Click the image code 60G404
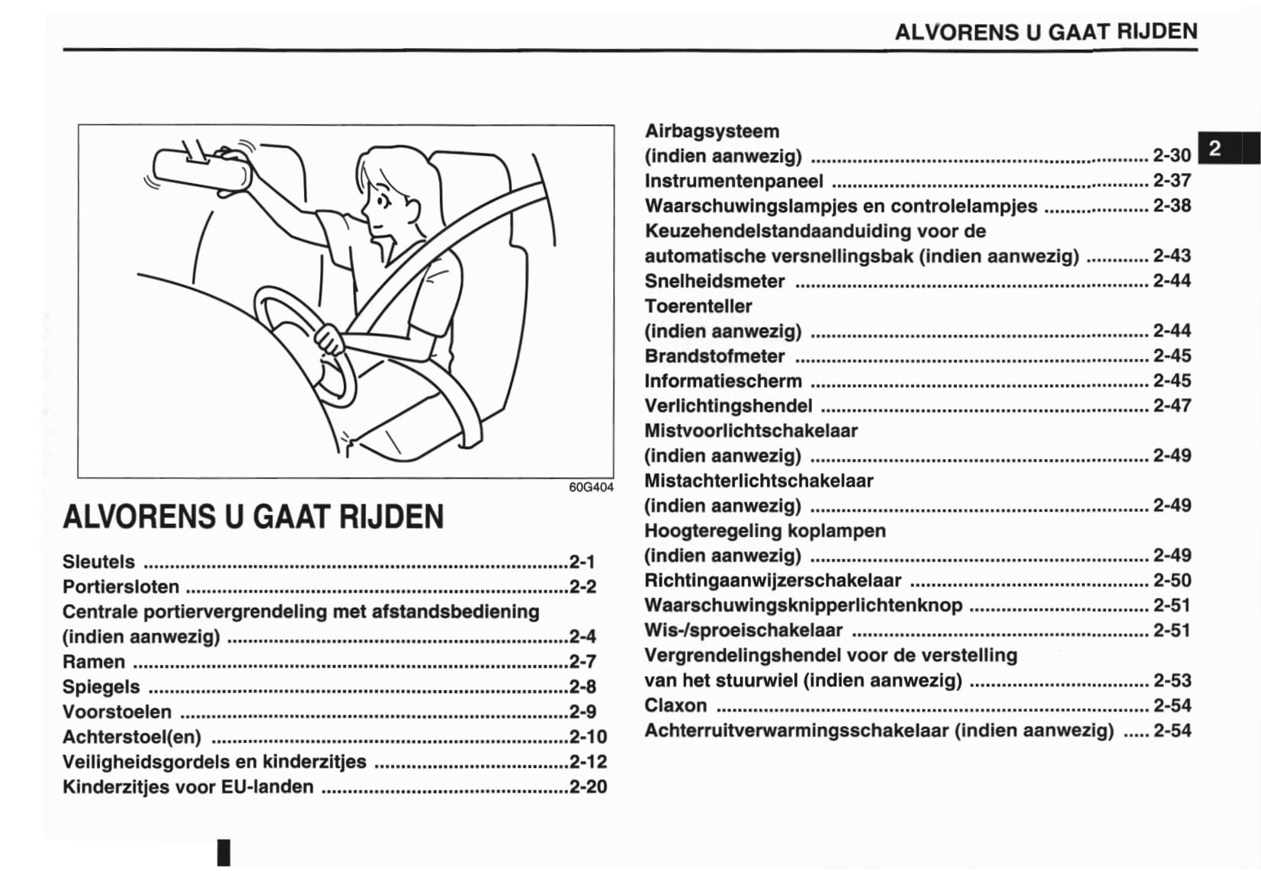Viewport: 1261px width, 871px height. [x=591, y=487]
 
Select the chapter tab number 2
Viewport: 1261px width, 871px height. [x=1215, y=148]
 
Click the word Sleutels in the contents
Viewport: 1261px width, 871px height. [x=98, y=562]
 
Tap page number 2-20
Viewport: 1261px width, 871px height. [x=588, y=786]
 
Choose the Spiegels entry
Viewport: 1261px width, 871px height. [x=101, y=686]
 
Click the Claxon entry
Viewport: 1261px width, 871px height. [x=675, y=705]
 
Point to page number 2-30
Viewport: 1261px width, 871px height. [x=1171, y=156]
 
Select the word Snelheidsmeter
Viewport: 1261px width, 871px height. [x=714, y=281]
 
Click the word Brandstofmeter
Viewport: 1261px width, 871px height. [x=714, y=356]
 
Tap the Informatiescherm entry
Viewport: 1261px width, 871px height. [x=723, y=381]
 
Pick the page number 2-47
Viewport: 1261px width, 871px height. [x=1171, y=406]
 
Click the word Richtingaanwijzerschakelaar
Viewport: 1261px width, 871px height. [x=772, y=580]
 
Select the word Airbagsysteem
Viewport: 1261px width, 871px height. [x=711, y=131]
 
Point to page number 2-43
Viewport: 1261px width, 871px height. [x=1171, y=256]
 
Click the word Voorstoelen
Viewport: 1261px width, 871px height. [x=117, y=712]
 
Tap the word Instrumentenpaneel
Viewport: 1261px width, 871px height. [x=733, y=181]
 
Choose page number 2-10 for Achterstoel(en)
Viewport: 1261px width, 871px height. [x=588, y=737]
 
